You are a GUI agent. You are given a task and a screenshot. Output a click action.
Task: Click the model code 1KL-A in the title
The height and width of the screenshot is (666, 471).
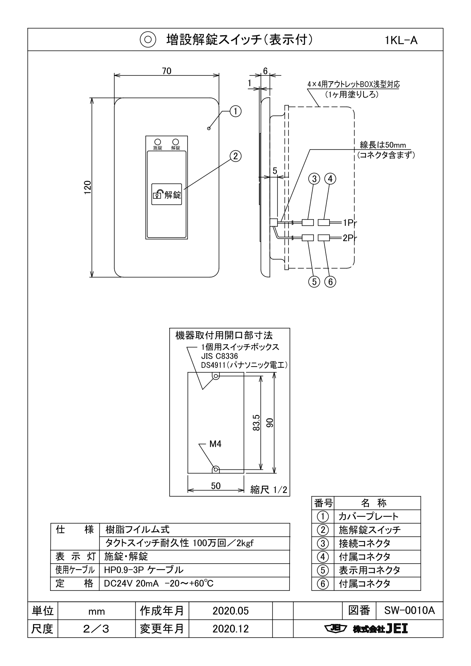click(x=401, y=40)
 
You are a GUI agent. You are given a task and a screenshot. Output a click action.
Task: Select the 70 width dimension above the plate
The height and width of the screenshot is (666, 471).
click(x=167, y=71)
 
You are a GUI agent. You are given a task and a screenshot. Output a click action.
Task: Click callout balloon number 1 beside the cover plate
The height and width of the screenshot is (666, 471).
click(x=235, y=111)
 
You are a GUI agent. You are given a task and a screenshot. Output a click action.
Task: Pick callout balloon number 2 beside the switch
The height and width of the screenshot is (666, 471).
click(x=235, y=156)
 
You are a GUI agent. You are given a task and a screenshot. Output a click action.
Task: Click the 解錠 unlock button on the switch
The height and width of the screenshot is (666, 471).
click(x=167, y=195)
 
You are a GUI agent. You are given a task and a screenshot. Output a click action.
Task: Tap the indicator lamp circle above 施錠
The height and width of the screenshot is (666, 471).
click(x=157, y=142)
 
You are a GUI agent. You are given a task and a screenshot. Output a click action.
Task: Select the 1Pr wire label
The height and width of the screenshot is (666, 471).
click(x=350, y=222)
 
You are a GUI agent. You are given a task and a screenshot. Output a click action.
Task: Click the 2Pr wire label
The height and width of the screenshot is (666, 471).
click(x=350, y=238)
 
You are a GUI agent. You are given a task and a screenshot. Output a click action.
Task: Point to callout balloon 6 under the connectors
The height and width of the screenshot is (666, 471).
click(x=330, y=282)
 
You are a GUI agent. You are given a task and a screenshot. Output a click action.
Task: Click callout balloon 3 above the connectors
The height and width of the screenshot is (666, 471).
click(x=314, y=178)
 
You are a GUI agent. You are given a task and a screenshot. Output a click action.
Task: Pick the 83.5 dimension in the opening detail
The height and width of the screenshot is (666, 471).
click(x=256, y=422)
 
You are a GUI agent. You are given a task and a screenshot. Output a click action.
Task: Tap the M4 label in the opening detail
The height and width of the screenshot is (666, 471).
click(x=215, y=444)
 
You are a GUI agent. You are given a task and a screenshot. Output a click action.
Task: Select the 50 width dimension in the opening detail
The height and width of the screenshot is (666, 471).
click(x=216, y=486)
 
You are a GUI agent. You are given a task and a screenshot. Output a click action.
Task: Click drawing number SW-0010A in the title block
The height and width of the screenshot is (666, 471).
click(x=409, y=611)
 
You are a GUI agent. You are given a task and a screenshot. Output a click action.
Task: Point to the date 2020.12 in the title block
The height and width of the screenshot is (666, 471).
click(x=230, y=629)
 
